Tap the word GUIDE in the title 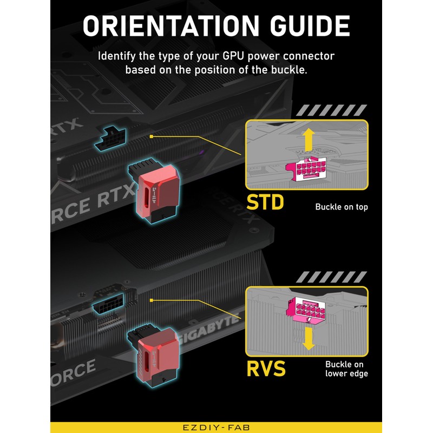(x=310, y=25)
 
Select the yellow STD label (x=265, y=202)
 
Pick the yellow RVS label (x=266, y=369)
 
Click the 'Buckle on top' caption (x=342, y=207)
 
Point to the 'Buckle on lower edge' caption (x=346, y=369)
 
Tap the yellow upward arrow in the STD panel (x=309, y=140)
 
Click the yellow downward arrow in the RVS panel (x=309, y=339)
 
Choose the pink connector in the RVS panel (x=306, y=310)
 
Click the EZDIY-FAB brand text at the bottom (x=216, y=428)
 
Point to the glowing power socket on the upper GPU (x=110, y=139)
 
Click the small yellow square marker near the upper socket (x=151, y=136)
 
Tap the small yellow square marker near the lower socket (x=151, y=300)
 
